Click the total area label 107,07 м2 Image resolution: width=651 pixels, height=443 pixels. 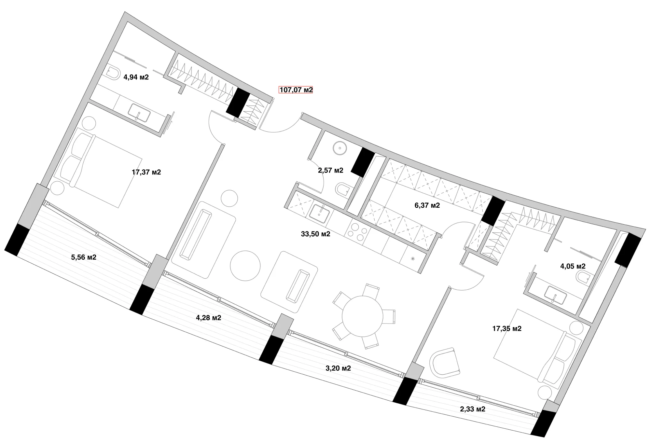coord(296,90)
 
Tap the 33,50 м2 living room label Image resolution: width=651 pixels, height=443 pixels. coord(316,234)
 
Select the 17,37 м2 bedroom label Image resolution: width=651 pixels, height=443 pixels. coord(146,172)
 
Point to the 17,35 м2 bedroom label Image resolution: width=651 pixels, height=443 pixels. coord(507,329)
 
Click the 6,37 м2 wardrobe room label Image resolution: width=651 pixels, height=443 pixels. coord(427,205)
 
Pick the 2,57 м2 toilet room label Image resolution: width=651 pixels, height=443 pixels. coord(331,170)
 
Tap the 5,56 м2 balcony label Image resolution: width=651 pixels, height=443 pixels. coord(84,257)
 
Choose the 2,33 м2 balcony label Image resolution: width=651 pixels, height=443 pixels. coord(473,409)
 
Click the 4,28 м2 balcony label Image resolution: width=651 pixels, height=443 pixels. coord(209,318)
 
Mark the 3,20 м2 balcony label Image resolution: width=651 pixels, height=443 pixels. coord(338,368)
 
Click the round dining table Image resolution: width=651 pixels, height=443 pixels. coord(363,316)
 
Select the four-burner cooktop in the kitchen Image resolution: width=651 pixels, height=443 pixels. coord(357,231)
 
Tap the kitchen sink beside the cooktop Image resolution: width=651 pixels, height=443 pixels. coord(320,214)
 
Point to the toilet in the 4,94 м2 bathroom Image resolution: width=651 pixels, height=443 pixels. coord(112,74)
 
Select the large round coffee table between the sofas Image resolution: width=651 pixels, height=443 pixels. coord(245,266)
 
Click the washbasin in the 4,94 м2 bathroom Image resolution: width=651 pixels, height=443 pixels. coord(139,113)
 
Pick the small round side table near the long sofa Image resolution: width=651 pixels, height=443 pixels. coord(229,198)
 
